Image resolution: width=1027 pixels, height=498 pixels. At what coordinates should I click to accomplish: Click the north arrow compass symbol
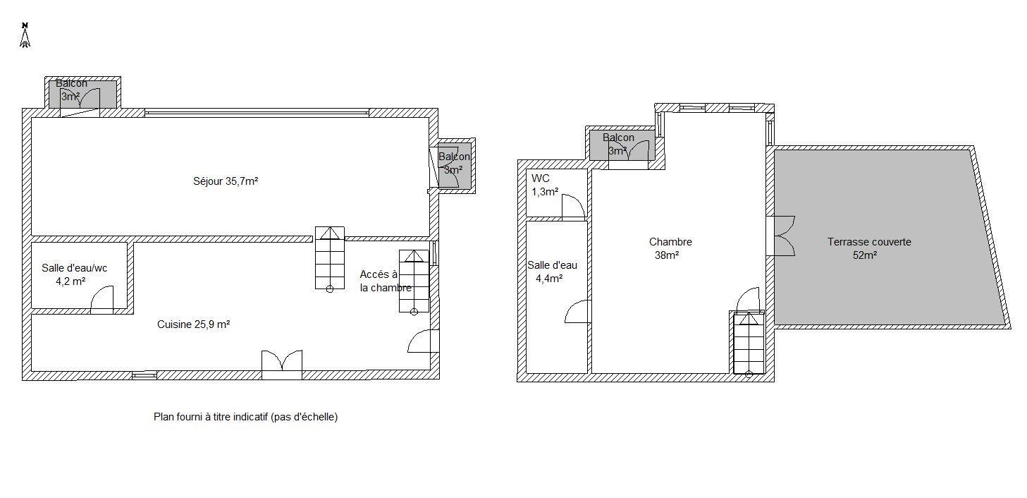25,35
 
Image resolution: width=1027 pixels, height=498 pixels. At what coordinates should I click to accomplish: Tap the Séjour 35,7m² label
226,181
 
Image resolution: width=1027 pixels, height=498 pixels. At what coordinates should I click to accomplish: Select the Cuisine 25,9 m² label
193,324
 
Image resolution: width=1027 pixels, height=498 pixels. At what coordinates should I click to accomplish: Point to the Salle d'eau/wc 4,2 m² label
74,274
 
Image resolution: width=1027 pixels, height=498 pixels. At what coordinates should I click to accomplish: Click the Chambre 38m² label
670,248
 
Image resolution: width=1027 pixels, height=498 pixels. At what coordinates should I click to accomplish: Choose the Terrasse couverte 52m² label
869,248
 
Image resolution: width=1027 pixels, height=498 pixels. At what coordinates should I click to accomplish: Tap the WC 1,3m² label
545,185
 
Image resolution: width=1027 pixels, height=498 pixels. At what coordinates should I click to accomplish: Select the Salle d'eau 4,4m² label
552,272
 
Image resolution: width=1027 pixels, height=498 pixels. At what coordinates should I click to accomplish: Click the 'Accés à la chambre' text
386,281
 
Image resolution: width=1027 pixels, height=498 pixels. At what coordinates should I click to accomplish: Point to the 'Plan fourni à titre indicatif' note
246,417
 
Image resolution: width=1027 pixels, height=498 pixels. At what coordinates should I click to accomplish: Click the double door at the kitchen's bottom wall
282,365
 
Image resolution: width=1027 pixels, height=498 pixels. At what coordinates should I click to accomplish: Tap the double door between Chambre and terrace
780,236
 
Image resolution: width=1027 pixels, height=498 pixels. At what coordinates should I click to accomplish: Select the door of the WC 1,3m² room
574,206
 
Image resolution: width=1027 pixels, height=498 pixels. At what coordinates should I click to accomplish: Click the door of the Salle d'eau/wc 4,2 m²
102,300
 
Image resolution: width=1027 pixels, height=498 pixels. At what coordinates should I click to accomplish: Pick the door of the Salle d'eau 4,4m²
578,312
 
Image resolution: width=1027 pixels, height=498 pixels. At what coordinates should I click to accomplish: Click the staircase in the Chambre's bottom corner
749,343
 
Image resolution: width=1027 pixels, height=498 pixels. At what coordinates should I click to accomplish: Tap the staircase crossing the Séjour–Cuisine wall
330,258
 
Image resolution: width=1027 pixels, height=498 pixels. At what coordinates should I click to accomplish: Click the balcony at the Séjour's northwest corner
82,94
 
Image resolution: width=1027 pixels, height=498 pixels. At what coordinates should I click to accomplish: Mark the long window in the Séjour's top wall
257,112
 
